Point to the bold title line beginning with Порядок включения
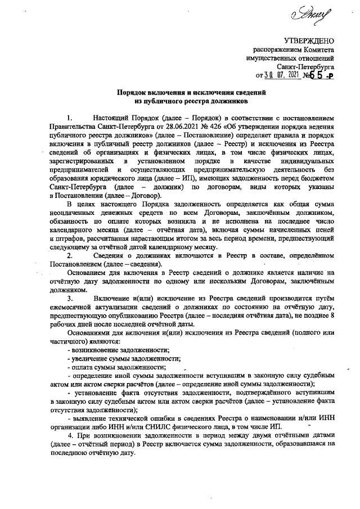(x=191, y=93)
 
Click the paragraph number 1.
(x=69, y=119)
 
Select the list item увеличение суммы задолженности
(x=121, y=358)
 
